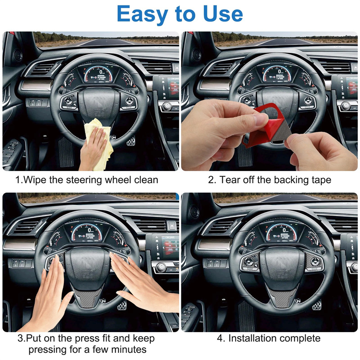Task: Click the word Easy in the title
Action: [142, 14]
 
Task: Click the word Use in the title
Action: [223, 14]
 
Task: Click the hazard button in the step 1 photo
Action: [176, 68]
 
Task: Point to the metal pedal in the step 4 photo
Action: [317, 304]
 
